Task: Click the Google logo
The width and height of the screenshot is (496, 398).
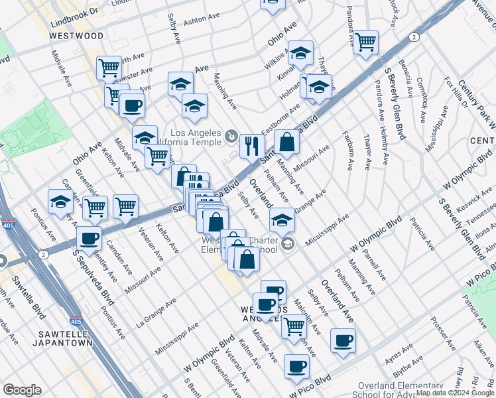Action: point(22,390)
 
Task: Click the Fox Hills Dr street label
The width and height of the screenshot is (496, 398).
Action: point(456,92)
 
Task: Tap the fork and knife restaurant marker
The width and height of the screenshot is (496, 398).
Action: point(251,145)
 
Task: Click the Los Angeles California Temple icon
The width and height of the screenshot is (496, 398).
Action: point(230,136)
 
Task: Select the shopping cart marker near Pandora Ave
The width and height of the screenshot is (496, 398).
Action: point(365,42)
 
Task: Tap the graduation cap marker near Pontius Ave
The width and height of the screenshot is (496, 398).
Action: point(60,202)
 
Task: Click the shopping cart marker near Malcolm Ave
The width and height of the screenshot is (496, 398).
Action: point(294,326)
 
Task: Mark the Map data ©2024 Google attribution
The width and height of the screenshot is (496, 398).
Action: point(455,393)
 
